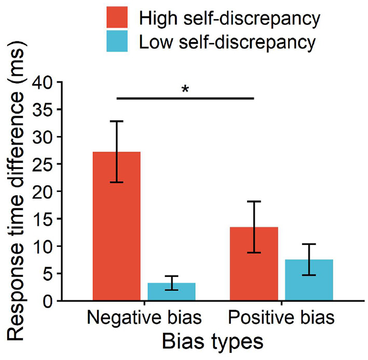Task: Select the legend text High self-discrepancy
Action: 228,19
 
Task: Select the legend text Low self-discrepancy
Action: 226,43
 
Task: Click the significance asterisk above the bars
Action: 185,90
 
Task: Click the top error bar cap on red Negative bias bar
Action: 117,121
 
